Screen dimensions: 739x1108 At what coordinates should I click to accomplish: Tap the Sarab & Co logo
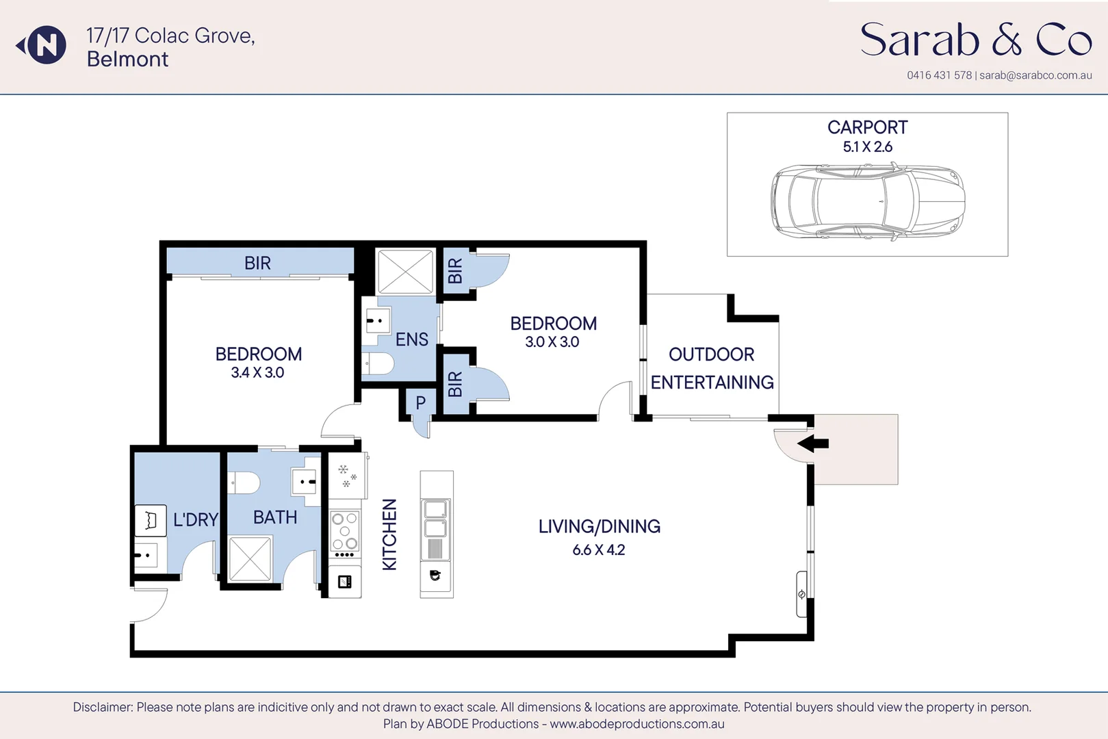[x=975, y=40]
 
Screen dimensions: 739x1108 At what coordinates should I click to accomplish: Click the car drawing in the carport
[x=868, y=201]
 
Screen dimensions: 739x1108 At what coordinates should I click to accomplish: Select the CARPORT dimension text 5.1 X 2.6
[x=867, y=147]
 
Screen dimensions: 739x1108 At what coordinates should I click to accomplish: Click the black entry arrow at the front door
[x=813, y=443]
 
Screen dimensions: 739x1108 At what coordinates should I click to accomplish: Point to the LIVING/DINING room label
[x=599, y=526]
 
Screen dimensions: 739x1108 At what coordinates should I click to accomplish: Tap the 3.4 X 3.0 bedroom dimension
[x=257, y=373]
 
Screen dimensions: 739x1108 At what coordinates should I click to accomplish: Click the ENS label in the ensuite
[x=411, y=339]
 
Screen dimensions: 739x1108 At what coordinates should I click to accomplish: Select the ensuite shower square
[x=406, y=272]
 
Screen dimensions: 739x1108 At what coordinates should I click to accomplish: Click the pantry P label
[x=420, y=403]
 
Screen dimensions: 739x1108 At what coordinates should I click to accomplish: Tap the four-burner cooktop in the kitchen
[x=345, y=532]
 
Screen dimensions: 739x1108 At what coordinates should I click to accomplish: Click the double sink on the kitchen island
[x=436, y=518]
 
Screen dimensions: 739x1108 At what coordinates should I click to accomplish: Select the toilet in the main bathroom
[x=244, y=483]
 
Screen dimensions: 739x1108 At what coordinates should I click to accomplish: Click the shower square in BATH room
[x=250, y=559]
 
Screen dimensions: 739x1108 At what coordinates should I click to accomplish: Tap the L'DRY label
[x=195, y=520]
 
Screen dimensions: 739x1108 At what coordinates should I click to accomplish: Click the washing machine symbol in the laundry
[x=151, y=521]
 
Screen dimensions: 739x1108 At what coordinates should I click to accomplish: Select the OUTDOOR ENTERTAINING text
[x=712, y=368]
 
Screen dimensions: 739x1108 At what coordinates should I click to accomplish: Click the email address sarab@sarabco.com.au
[x=1035, y=75]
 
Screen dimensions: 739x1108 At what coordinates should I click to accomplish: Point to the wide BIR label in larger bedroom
[x=257, y=263]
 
